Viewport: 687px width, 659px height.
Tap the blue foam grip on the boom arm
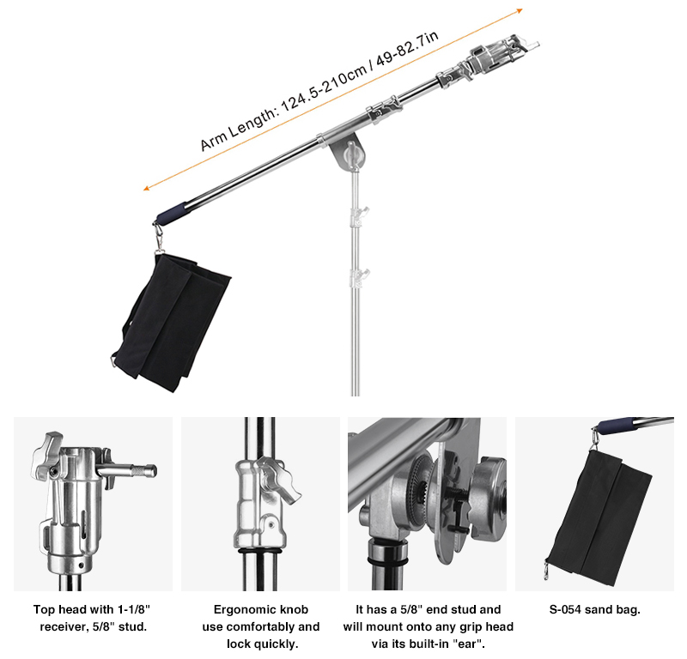click(173, 213)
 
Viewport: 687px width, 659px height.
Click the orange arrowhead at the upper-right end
click(520, 10)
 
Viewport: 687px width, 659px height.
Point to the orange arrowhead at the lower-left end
click(147, 188)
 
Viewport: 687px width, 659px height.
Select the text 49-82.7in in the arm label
click(407, 48)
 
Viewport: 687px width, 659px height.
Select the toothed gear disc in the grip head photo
click(420, 485)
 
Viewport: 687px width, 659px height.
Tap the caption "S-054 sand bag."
click(594, 609)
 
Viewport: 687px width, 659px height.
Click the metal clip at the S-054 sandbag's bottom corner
click(546, 570)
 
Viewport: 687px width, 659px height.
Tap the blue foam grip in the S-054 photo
click(617, 426)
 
